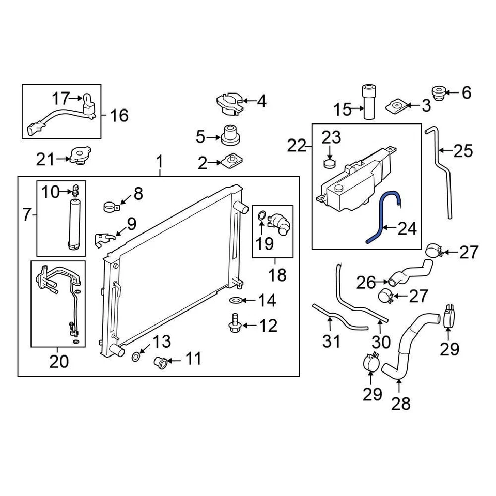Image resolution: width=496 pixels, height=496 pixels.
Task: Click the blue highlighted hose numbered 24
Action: point(383,215)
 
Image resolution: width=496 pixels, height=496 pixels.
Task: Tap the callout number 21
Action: point(46,159)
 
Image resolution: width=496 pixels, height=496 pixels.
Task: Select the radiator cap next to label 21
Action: point(81,156)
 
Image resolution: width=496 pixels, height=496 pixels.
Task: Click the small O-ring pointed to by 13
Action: point(135,357)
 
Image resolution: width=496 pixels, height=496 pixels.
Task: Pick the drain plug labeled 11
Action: point(161,362)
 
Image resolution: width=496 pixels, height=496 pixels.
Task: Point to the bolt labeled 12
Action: point(235,323)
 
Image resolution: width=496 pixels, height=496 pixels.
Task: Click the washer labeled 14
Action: point(236,300)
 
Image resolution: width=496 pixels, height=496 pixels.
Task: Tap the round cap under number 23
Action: point(330,164)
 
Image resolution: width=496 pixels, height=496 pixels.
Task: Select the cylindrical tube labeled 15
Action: point(369,102)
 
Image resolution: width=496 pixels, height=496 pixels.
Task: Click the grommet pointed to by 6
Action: point(439,93)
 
